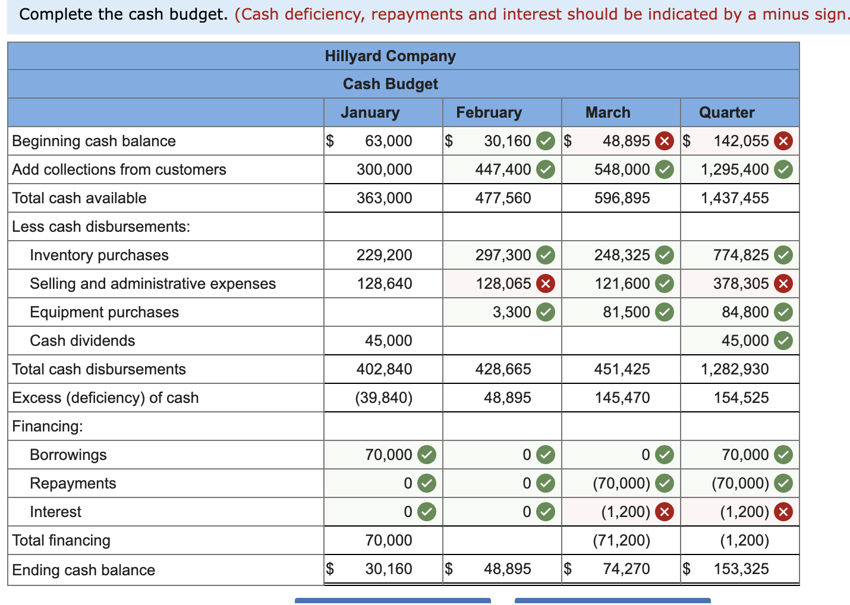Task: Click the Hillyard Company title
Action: [390, 56]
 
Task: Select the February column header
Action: [489, 112]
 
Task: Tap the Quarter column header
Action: [726, 112]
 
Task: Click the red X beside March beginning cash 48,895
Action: [664, 141]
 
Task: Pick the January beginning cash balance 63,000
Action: [388, 141]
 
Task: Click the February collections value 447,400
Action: [503, 169]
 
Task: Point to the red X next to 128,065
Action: [545, 283]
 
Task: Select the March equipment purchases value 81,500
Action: [626, 312]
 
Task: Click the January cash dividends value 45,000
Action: [388, 341]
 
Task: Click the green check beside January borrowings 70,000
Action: [426, 455]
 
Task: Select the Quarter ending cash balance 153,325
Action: [741, 569]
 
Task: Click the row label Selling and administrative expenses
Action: [153, 283]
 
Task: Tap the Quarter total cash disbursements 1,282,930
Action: [734, 369]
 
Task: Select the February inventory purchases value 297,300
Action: [503, 255]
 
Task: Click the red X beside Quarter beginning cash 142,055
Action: [783, 141]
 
